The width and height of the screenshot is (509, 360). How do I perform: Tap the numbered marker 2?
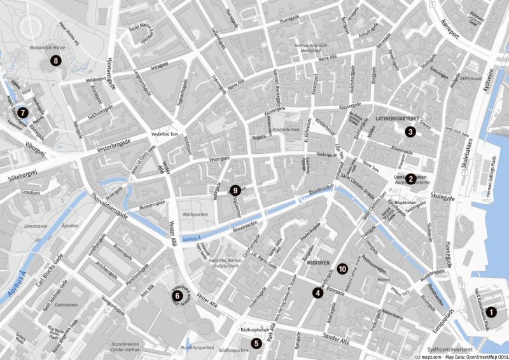coord(412,179)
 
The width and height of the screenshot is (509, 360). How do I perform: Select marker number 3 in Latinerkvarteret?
coord(410,132)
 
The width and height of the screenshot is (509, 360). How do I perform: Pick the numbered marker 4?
coord(317,293)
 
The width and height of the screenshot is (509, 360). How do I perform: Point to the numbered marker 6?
coord(178,295)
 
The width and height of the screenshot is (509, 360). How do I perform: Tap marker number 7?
coord(23,113)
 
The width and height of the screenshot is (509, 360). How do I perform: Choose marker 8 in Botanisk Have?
coord(57,61)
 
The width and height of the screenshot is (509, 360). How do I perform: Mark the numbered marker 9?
coord(235,190)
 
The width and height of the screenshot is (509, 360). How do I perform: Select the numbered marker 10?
coord(343,269)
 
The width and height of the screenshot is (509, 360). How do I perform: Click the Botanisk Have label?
coord(44,48)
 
